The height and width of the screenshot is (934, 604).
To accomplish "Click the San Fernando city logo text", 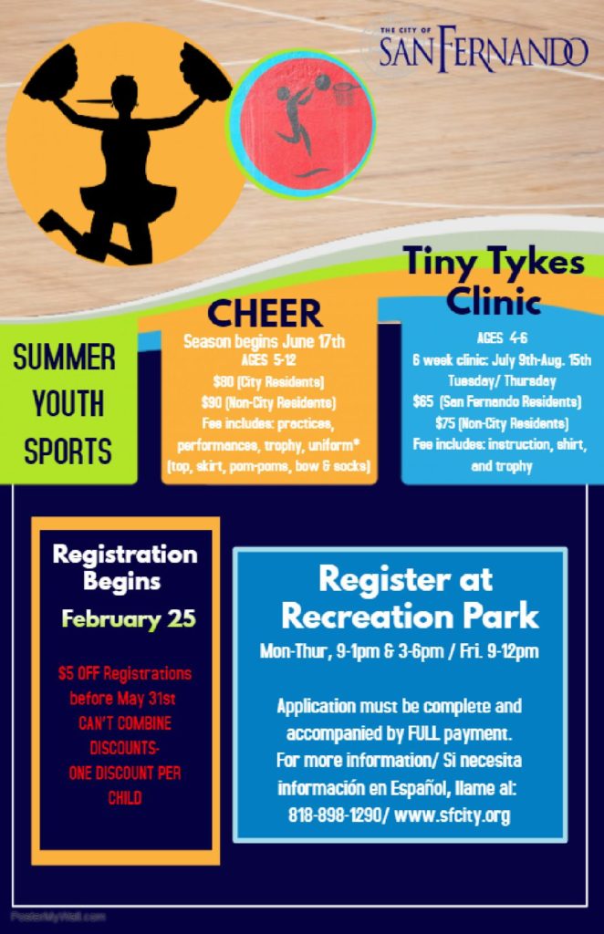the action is click(x=483, y=48).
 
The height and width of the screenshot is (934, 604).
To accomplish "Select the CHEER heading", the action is click(x=265, y=314).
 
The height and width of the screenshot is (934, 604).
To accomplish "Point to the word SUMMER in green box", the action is click(x=65, y=358).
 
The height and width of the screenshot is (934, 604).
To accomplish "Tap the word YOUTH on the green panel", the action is click(x=68, y=404).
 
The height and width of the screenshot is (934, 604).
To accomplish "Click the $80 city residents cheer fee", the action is click(x=268, y=381).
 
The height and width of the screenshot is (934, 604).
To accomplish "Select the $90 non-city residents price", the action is click(x=268, y=402).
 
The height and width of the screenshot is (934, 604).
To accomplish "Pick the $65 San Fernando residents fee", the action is click(x=497, y=401).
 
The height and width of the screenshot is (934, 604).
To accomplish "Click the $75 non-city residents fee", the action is click(x=502, y=423).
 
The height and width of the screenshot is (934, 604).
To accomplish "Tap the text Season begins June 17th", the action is click(x=264, y=341).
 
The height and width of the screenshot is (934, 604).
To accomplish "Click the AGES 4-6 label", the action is click(x=502, y=337).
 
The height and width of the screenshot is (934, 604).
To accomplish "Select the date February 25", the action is click(x=129, y=619).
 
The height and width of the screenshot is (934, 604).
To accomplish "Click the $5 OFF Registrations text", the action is click(x=125, y=674).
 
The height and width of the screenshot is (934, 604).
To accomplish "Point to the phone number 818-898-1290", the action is click(x=335, y=815).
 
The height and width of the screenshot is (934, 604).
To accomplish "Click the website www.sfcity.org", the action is click(x=453, y=815).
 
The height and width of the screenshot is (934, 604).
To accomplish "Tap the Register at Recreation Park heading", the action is click(x=410, y=597).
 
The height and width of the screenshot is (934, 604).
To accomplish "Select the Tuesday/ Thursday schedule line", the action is click(x=502, y=380).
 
